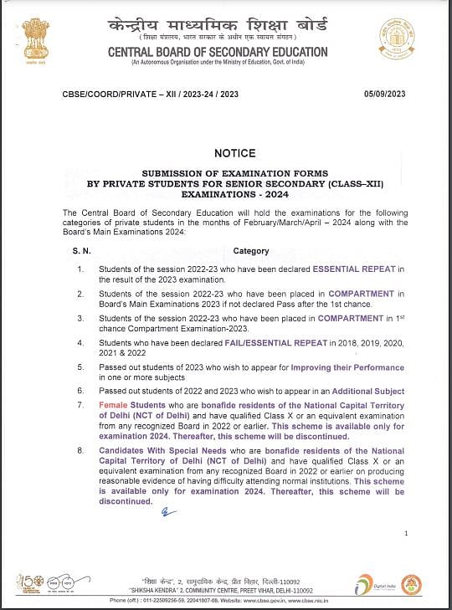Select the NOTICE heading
[x=234, y=153]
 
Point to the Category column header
[x=251, y=250]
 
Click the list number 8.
[x=80, y=450]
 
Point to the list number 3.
[x=80, y=318]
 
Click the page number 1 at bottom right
[x=405, y=533]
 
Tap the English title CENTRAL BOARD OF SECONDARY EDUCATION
[x=218, y=52]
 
